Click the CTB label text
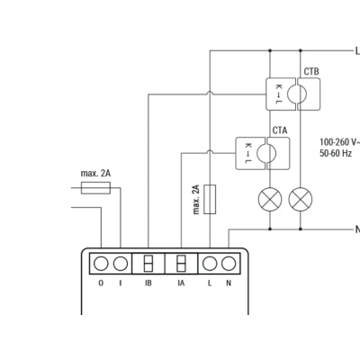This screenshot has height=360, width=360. (311, 72)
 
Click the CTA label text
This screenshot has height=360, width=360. (280, 130)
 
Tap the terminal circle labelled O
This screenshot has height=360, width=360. (101, 264)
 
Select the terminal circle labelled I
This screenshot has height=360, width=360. (121, 264)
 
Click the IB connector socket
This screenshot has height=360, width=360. (148, 264)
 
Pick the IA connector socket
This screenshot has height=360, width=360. (181, 264)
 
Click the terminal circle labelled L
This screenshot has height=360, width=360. (210, 264)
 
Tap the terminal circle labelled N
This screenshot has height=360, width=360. (229, 264)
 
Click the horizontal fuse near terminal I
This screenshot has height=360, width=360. (95, 188)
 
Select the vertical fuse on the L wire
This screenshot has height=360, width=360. (210, 199)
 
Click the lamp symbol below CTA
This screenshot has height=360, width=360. (270, 199)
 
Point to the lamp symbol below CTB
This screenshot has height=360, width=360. (301, 199)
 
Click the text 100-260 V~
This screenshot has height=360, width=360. (339, 142)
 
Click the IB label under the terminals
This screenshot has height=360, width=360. (148, 283)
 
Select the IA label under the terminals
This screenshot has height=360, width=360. (181, 283)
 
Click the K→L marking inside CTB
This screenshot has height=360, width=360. (279, 94)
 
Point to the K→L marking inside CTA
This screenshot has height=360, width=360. (248, 153)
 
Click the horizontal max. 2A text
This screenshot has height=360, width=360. (95, 174)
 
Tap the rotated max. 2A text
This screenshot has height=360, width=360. (196, 200)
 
